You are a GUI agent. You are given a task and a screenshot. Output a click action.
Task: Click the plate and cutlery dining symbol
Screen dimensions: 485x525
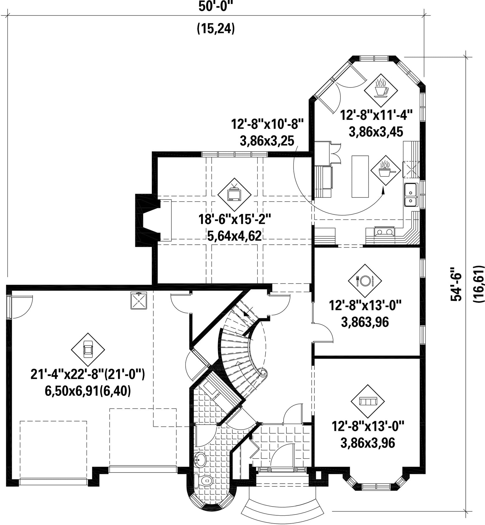click(365, 281)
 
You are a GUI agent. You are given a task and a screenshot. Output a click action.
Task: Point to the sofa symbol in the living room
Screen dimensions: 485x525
click(368, 402)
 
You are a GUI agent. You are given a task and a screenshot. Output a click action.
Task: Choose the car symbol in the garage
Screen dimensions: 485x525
click(88, 349)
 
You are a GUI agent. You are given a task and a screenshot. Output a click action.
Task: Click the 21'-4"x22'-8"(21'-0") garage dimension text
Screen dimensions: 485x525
click(87, 374)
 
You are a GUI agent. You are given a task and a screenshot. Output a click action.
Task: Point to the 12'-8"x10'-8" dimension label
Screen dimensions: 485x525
click(267, 124)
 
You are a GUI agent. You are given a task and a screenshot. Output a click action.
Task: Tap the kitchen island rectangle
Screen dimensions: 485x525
click(360, 176)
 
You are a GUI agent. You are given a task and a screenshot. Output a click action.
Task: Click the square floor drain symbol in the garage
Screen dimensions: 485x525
click(139, 300)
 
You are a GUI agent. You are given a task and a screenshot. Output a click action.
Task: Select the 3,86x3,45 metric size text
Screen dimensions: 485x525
click(376, 132)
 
